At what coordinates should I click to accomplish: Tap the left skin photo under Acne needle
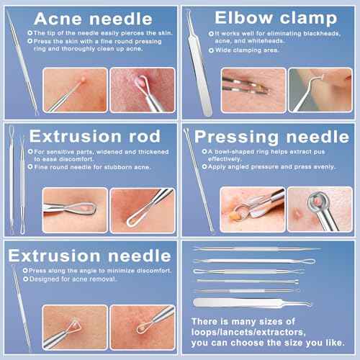[x=74, y=91]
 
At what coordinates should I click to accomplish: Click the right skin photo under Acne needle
[x=142, y=91]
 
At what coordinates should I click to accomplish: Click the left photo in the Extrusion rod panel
[x=74, y=210]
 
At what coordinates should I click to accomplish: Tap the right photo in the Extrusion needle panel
[x=142, y=327]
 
